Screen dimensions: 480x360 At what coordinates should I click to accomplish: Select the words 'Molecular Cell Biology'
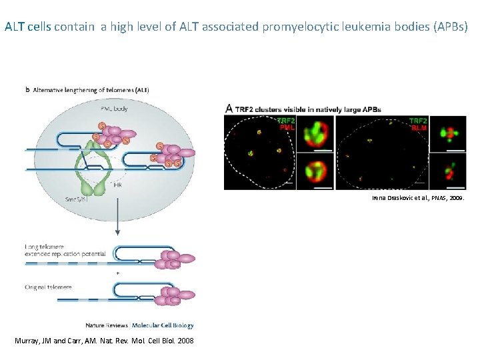point(163,325)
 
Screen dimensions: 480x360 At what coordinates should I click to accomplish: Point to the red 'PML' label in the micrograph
point(286,127)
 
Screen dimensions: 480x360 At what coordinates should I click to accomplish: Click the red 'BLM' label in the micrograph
point(419,127)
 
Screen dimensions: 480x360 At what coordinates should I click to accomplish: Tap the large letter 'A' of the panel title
point(229,108)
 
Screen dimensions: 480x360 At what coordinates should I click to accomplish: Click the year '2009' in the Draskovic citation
point(460,199)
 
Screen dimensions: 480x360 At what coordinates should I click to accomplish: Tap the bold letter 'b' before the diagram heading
point(27,89)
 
